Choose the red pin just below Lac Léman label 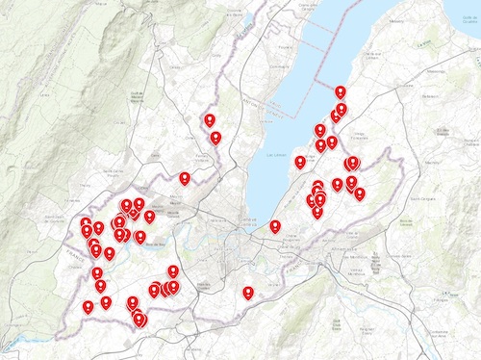[300, 162]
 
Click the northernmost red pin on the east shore [340, 91]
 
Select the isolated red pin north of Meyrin [185, 177]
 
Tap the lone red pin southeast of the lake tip [275, 226]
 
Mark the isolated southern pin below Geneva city [249, 291]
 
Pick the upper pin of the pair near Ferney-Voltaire [210, 119]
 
